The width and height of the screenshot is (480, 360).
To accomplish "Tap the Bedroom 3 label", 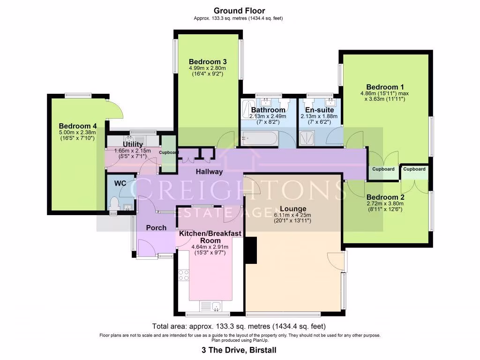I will tap(208, 61).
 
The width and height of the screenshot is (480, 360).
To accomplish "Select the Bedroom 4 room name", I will tap(78, 126).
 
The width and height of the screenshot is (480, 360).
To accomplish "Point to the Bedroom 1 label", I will tap(385, 87).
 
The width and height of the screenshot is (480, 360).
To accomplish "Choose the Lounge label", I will tap(293, 209).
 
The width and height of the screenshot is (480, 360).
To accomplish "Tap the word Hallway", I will tap(209, 172).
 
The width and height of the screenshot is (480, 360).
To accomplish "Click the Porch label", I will tap(156, 228).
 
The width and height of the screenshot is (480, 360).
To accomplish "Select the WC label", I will tap(120, 183).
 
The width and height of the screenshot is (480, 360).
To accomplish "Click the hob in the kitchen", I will tap(183, 275).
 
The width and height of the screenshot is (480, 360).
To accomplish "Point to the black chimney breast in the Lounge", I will tap(251, 251).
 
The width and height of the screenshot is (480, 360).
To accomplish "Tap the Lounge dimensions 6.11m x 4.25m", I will tap(293, 215).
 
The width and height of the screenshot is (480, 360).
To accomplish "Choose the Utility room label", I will tap(133, 144).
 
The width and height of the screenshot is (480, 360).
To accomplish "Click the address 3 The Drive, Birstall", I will tap(240, 350).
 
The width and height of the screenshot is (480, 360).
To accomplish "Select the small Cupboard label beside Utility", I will tap(168, 152).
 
